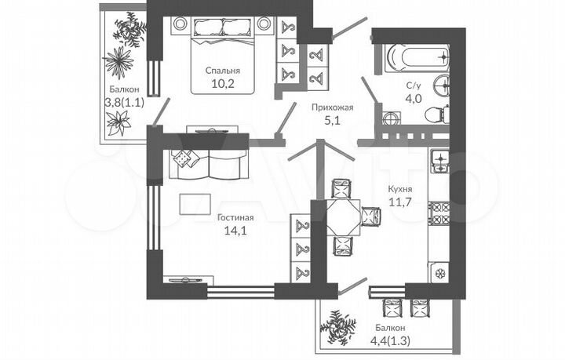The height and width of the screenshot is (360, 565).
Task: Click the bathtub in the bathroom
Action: pyautogui.click(x=415, y=57)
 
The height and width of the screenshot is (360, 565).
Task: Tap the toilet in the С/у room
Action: pyautogui.click(x=436, y=116)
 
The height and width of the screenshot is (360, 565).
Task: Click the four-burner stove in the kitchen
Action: pyautogui.click(x=439, y=213)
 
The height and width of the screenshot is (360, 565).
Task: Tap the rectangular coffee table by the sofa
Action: pyautogui.click(x=195, y=204)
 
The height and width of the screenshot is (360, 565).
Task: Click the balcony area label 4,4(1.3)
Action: pyautogui.click(x=390, y=340)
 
